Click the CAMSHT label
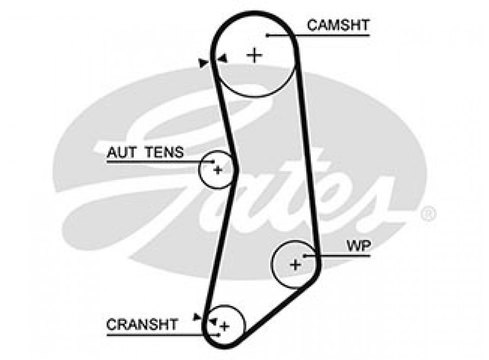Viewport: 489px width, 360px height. click(x=339, y=25)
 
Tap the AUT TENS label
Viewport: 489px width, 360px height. click(x=145, y=152)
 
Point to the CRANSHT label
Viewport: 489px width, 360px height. click(x=142, y=325)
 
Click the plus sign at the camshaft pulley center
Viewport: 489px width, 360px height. click(x=254, y=55)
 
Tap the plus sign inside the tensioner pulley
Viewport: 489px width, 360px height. click(x=218, y=169)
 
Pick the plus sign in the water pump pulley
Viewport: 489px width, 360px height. click(x=295, y=265)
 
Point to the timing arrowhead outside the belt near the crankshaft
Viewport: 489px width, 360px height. click(x=197, y=316)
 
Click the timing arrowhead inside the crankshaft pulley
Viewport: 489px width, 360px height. click(x=212, y=322)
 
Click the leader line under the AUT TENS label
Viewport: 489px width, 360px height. click(x=154, y=161)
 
